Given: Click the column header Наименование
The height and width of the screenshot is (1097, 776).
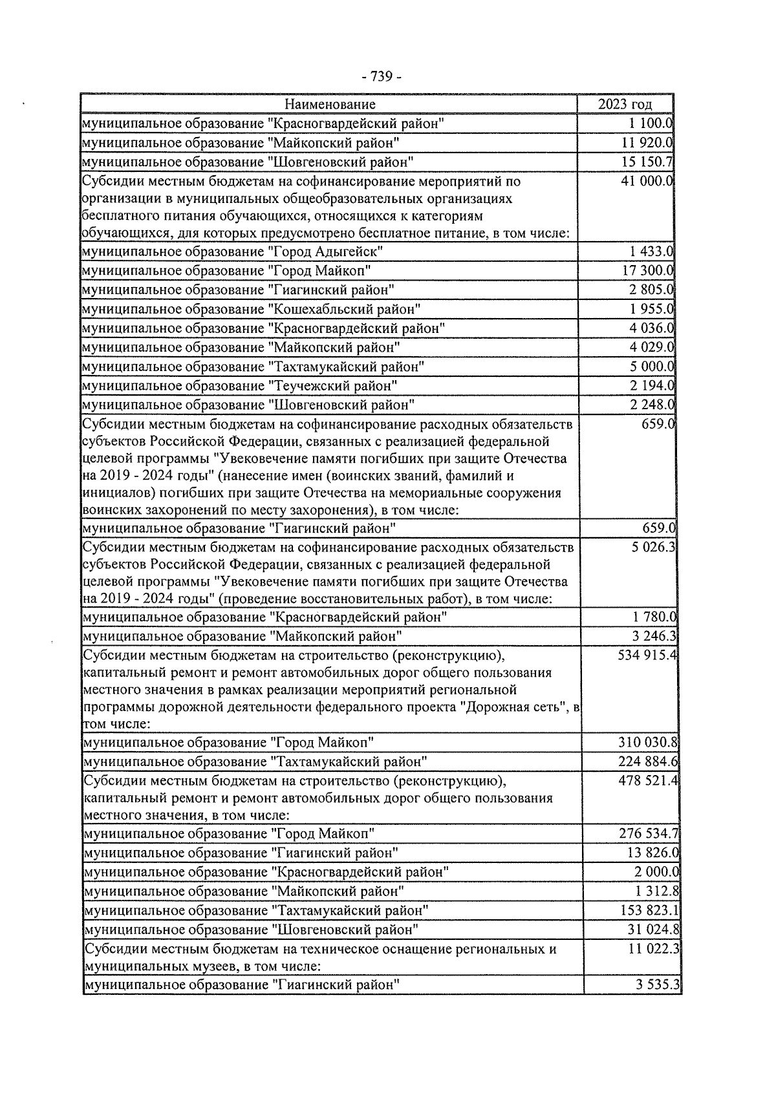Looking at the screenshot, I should coord(330,104).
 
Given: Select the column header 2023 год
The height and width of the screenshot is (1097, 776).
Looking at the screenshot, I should coord(625,104).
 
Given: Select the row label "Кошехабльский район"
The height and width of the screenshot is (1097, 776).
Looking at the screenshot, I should coord(344,310).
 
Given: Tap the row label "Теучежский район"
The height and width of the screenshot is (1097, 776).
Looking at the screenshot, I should coord(332,386).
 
